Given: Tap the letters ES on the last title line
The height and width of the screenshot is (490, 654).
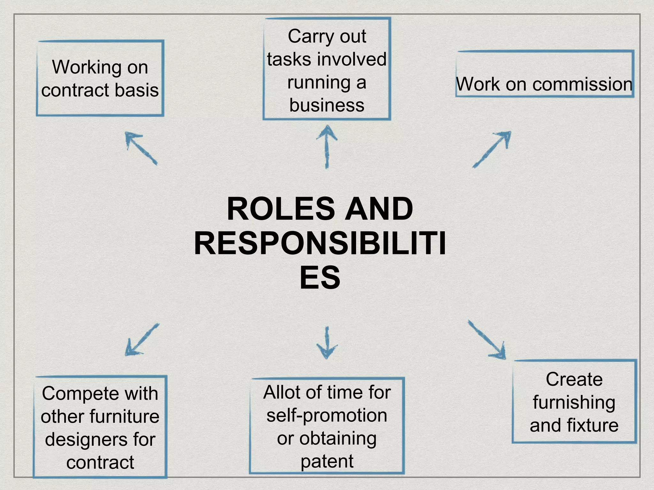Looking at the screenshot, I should [320, 278].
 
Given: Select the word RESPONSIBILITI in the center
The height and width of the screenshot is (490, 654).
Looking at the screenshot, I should [320, 244].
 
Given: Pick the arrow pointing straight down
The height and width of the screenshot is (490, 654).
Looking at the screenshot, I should [327, 343].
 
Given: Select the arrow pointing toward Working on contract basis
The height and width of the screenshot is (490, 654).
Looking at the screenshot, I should [141, 148].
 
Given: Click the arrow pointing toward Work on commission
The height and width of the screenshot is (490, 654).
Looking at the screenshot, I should [492, 149].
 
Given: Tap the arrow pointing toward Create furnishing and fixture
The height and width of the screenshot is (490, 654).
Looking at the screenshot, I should [487, 340].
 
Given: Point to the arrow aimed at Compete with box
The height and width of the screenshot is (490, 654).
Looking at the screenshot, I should [141, 339].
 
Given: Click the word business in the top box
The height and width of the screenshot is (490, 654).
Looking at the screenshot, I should [327, 105].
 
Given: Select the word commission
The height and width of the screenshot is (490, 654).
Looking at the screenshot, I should [582, 85].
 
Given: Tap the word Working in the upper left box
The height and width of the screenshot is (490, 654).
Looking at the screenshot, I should [87, 68].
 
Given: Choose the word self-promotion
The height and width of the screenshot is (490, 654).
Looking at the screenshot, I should [327, 416].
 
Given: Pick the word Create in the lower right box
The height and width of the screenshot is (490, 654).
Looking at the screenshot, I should [574, 380].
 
